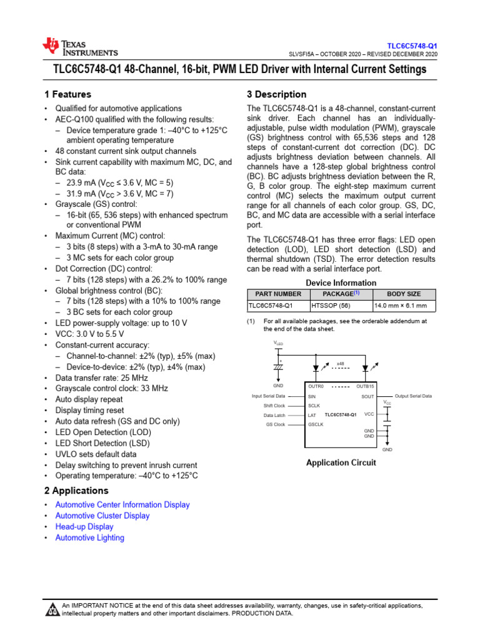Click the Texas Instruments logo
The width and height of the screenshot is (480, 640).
(79, 47)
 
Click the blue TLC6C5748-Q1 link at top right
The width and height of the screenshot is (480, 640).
(412, 46)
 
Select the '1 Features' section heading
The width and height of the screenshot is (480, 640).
(67, 94)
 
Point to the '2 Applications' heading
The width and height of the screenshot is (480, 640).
(76, 491)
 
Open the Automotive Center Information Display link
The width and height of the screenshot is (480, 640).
(122, 504)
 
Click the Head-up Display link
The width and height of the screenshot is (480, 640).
(84, 527)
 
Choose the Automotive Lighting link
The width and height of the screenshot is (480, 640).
(89, 537)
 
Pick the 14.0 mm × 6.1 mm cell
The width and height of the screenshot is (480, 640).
(400, 306)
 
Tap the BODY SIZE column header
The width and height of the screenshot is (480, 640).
(404, 294)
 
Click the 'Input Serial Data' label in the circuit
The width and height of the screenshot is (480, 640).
(268, 396)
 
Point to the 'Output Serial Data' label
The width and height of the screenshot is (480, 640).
(413, 396)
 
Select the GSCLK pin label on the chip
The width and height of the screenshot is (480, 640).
(315, 424)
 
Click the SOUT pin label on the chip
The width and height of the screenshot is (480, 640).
(367, 396)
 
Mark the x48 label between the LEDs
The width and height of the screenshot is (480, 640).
(341, 363)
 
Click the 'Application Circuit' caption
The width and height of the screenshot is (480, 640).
(341, 463)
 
